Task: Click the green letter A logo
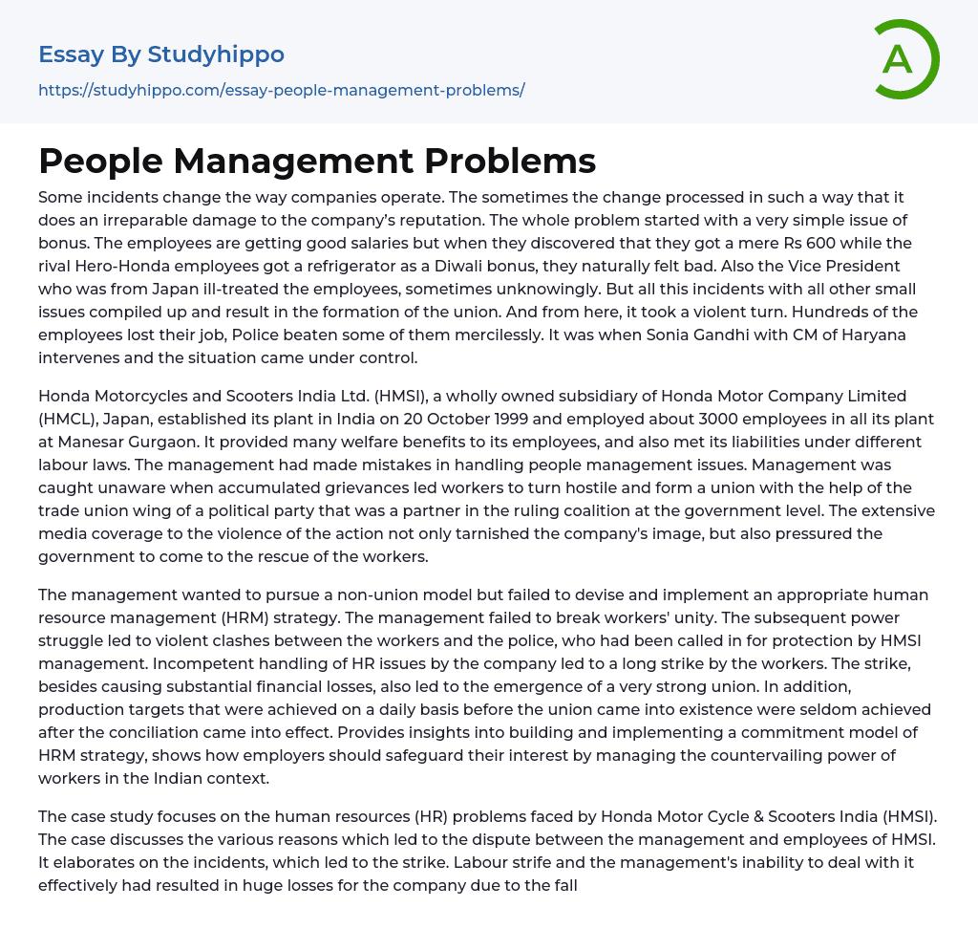point(901,59)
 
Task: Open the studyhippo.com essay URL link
point(282,91)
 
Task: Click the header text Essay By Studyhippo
point(161,54)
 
